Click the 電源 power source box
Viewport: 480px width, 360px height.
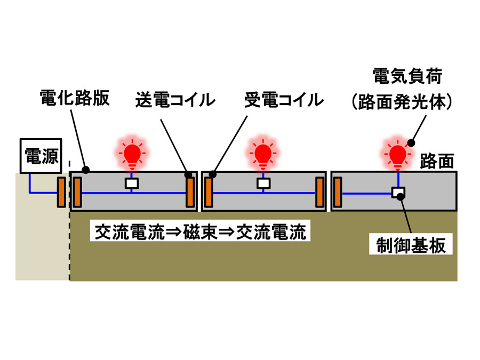pos(41,156)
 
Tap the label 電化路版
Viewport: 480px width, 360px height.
pos(75,99)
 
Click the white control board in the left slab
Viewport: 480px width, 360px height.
pos(131,183)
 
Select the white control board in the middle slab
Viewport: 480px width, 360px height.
pos(262,183)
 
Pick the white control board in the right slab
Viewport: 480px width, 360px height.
pos(398,192)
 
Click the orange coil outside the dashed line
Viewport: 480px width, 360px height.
pos(61,193)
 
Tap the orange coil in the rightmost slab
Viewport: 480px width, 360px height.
pos(337,193)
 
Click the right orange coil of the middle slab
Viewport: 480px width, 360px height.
pos(319,193)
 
